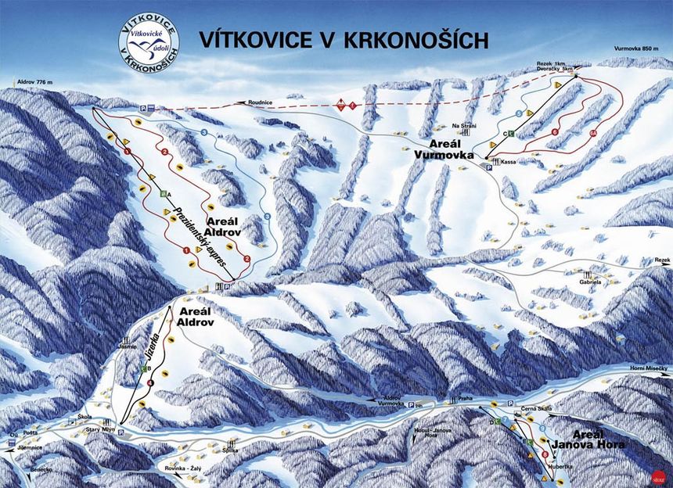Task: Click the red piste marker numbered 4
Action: pyautogui.click(x=149, y=383)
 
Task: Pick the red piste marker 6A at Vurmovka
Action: pyautogui.click(x=594, y=133)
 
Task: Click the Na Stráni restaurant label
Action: pyautogui.click(x=464, y=125)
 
